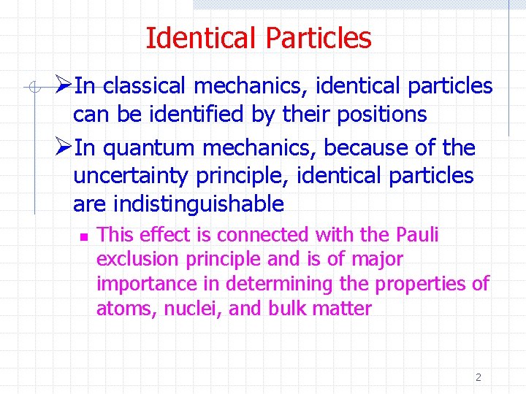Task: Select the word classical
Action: coord(144,86)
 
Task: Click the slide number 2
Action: coord(478,377)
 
